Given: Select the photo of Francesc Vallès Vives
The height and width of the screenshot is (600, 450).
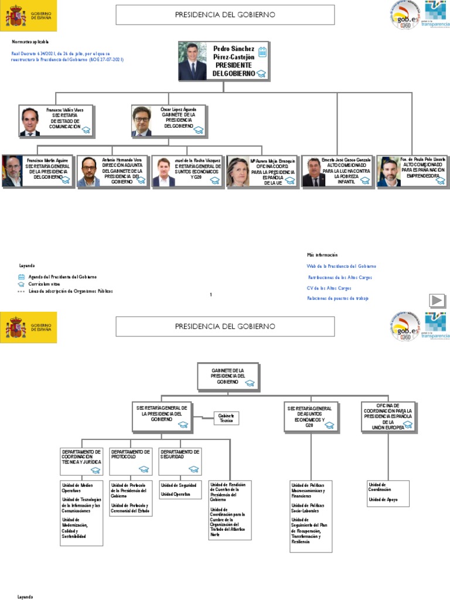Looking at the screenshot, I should click(29, 121).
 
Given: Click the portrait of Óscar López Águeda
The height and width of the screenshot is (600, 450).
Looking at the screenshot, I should click(141, 121).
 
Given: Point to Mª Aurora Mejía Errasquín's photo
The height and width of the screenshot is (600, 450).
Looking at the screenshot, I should click(238, 172).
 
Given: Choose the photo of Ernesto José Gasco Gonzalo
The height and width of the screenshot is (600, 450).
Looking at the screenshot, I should click(313, 172).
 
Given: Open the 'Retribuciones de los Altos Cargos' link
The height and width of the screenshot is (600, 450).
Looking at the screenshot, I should click(340, 277).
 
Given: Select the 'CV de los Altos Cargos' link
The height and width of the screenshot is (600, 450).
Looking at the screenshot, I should click(329, 288).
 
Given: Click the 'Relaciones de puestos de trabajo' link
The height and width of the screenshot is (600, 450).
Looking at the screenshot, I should click(337, 298).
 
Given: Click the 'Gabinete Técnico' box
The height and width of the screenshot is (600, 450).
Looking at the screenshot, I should click(226, 418).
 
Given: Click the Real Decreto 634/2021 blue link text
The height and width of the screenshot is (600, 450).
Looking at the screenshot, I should click(67, 56).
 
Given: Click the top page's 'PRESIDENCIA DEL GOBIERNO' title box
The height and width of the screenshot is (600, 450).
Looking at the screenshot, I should click(225, 15).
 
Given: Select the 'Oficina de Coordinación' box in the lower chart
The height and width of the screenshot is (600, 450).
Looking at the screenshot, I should click(387, 417).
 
